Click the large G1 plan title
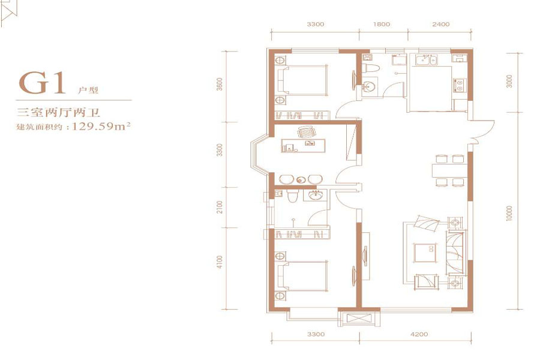42,83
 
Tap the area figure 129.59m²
101,126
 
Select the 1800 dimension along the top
382,24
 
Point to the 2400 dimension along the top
441,24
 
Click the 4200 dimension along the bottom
419,334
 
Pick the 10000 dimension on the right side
509,213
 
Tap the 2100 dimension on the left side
220,206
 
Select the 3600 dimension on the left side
220,84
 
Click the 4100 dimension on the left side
220,262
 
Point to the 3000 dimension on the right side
509,81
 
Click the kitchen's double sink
427,60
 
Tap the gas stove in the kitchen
459,85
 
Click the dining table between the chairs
450,171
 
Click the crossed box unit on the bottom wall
359,318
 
